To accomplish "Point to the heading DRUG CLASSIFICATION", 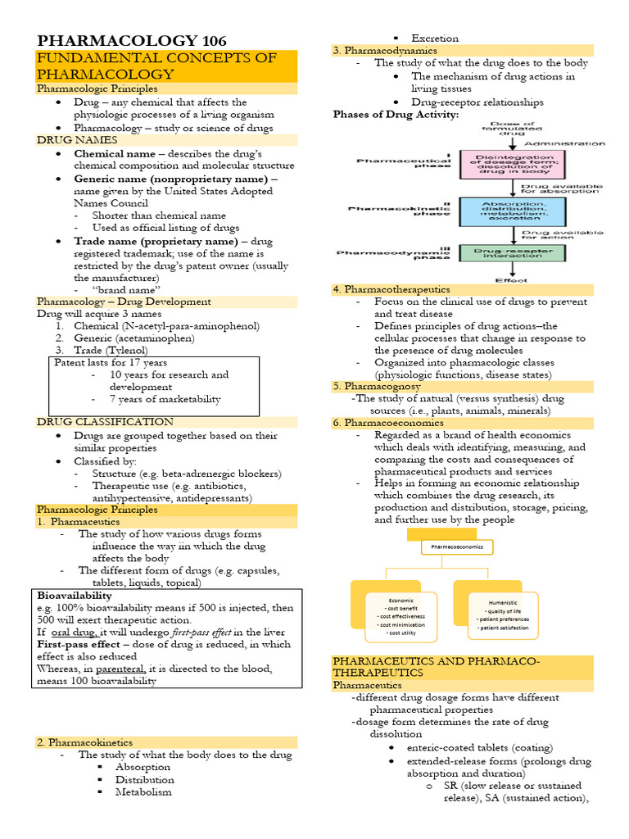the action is pyautogui.click(x=105, y=422).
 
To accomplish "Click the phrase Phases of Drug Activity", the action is pyautogui.click(x=396, y=115).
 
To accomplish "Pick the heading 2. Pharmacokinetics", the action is pyautogui.click(x=84, y=742).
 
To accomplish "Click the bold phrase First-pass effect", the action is pyautogui.click(x=79, y=644).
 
